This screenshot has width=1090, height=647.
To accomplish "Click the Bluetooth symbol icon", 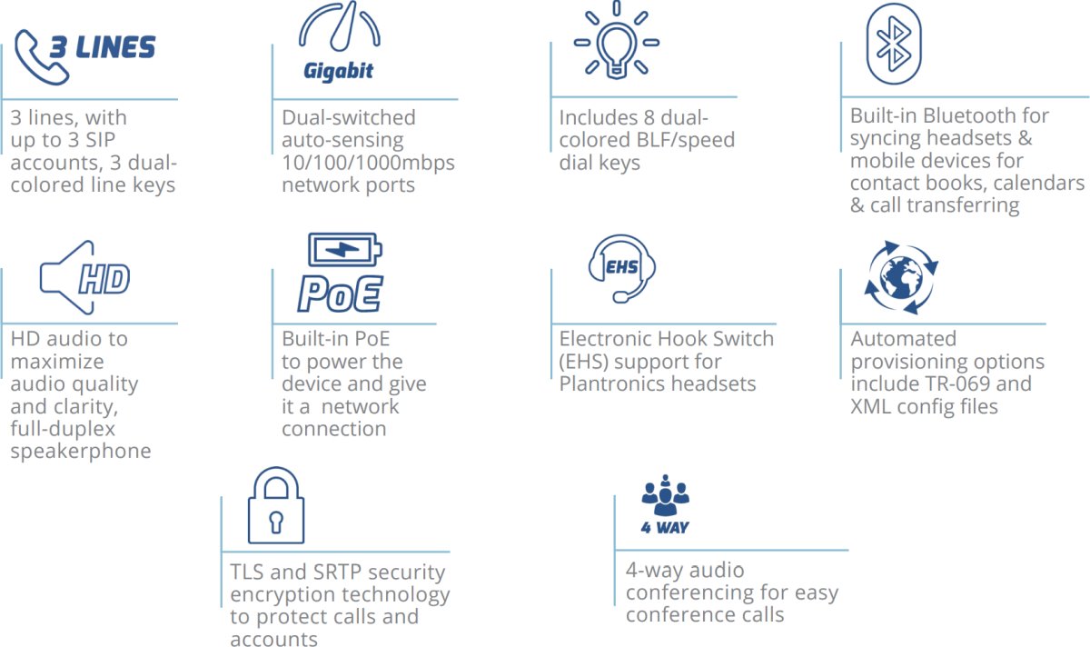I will coord(893,43).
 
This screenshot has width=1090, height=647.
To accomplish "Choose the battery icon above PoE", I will coord(344,249).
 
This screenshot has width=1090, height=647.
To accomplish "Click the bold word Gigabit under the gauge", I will coord(338,72).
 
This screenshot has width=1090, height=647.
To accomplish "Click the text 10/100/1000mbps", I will coord(368,163).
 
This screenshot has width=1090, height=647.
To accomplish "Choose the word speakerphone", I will coord(81,452).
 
